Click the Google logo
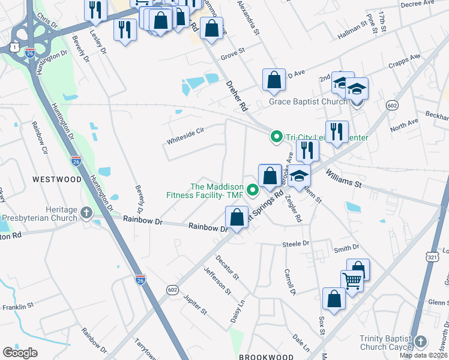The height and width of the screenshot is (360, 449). tap(20, 353)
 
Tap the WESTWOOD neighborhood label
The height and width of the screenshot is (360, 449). tap(57, 179)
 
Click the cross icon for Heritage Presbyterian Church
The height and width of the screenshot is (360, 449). tap(86, 213)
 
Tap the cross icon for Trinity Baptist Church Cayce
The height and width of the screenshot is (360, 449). tap(420, 342)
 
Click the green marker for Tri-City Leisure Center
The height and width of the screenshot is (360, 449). tap(276, 137)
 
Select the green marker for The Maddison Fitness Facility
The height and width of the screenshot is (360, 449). tap(253, 191)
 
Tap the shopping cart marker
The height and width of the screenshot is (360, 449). tap(351, 280)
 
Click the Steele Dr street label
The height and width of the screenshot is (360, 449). tap(295, 244)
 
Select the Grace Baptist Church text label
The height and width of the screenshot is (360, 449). tap(307, 101)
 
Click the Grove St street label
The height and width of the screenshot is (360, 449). tap(233, 53)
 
